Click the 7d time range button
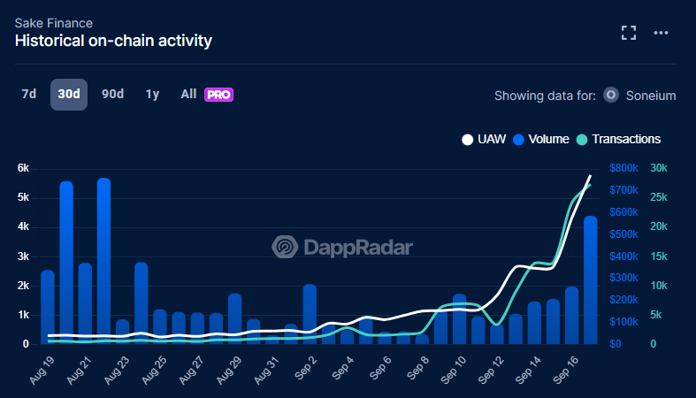[x=29, y=94]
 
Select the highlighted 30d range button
[x=69, y=94]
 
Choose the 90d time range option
[x=112, y=94]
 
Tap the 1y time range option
[x=152, y=94]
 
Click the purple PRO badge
[x=218, y=95]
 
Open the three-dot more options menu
[x=661, y=33]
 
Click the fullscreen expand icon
[x=629, y=33]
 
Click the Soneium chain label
[x=650, y=96]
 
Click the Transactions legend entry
[x=625, y=139]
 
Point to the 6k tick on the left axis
[x=24, y=168]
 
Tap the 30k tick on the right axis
[x=659, y=168]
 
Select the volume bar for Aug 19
[x=48, y=307]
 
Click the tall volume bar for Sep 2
[x=310, y=314]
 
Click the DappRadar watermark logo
[x=342, y=248]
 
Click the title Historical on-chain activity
[x=113, y=41]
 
